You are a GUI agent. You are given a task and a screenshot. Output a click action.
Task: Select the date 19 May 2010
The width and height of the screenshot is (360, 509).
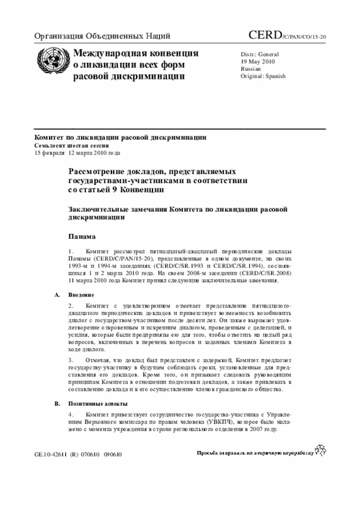point(258,61)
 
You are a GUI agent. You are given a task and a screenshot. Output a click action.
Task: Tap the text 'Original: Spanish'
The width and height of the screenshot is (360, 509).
point(263,75)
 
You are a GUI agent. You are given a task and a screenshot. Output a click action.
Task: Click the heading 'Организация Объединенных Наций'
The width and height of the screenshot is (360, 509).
point(102,37)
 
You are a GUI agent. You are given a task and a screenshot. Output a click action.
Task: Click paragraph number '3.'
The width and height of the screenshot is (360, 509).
point(71,358)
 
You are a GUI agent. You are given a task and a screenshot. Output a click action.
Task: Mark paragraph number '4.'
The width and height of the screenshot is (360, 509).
point(71,415)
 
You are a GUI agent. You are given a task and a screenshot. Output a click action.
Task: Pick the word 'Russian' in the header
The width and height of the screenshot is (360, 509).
point(251,68)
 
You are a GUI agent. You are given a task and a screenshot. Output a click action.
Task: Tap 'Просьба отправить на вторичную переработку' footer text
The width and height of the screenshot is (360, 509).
point(254,453)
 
